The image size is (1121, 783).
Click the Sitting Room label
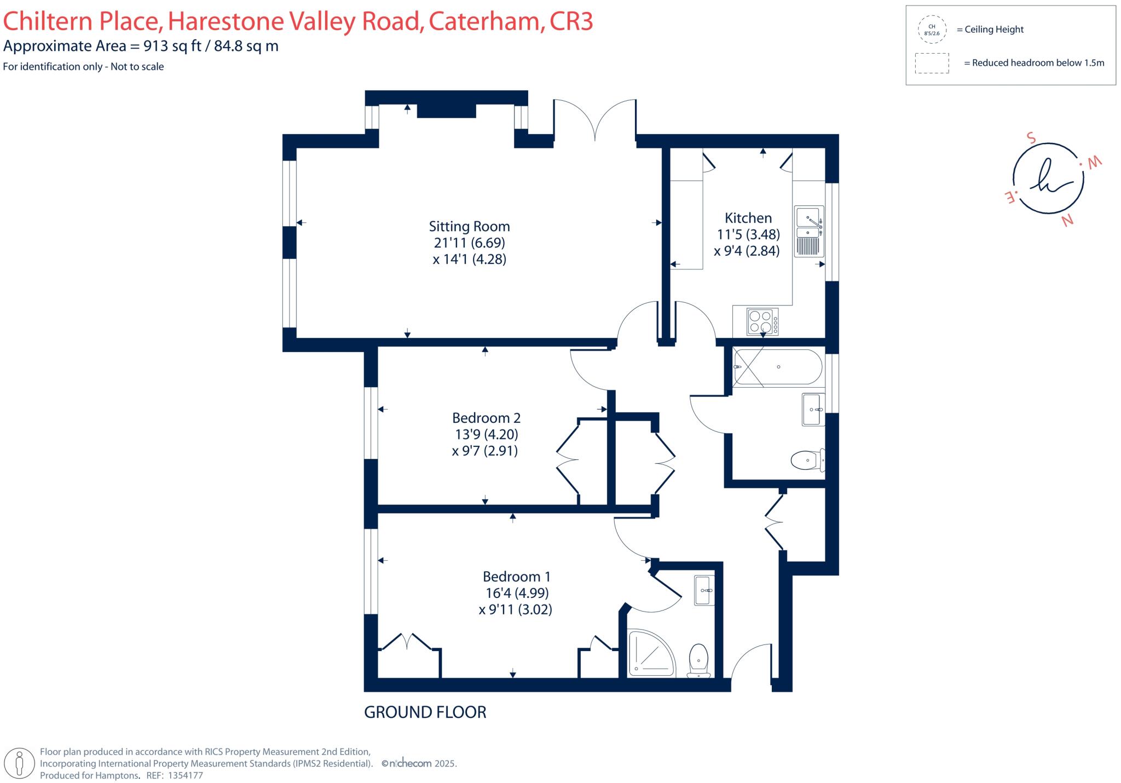469,226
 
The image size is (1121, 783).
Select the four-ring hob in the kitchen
762,322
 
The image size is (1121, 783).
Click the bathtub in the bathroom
777,367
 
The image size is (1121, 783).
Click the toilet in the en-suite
698,660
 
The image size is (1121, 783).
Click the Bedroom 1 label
516,577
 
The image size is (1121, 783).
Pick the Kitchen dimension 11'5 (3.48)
748,234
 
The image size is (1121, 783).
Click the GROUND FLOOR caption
425,712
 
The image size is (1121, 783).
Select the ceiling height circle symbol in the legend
932,30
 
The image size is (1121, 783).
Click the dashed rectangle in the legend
932,63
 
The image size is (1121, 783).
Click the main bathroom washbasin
813,409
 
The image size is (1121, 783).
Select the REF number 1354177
185,775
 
